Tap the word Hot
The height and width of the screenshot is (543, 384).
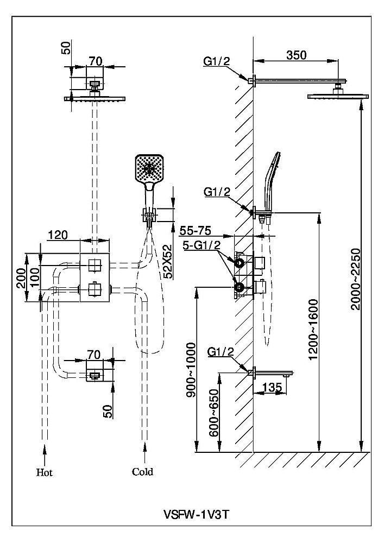pos(44,472)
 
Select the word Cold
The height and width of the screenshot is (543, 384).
pos(142,471)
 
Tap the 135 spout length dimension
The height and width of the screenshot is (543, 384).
pos(271,387)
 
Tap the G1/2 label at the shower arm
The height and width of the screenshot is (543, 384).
pos(217,61)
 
